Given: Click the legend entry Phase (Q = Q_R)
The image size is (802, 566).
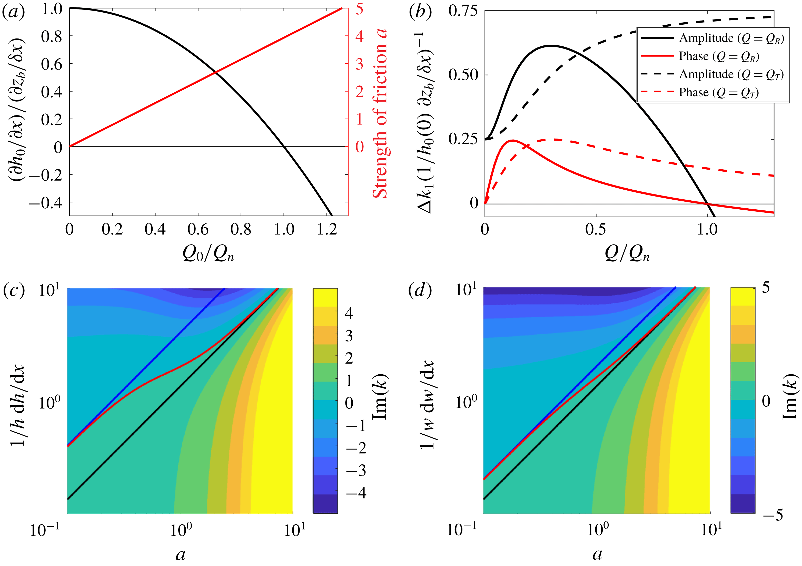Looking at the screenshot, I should tap(719, 56).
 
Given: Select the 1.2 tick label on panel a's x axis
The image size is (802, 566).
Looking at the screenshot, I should tap(327, 229).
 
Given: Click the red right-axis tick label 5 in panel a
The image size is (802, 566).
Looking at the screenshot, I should tap(359, 9).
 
